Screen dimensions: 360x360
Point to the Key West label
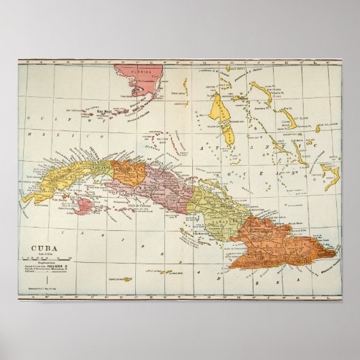[104, 111]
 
